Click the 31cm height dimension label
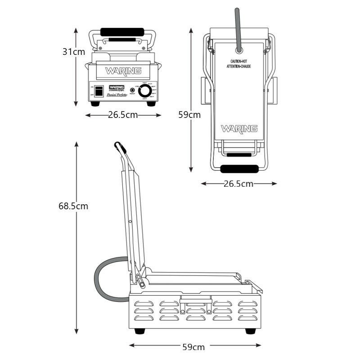(x=73, y=52)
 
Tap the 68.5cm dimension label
(x=73, y=206)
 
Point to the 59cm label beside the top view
(x=189, y=115)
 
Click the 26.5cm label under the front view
(x=123, y=115)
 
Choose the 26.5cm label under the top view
(x=238, y=184)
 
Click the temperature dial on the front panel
(x=145, y=91)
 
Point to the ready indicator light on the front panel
(x=132, y=90)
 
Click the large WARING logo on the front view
(x=123, y=71)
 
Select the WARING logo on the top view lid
(x=239, y=129)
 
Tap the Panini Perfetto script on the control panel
(x=117, y=95)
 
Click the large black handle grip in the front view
(x=122, y=32)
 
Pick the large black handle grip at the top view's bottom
(x=239, y=169)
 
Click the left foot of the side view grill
(x=140, y=331)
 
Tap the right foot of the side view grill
(x=250, y=331)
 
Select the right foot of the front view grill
(x=151, y=103)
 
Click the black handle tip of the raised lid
(x=119, y=146)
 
